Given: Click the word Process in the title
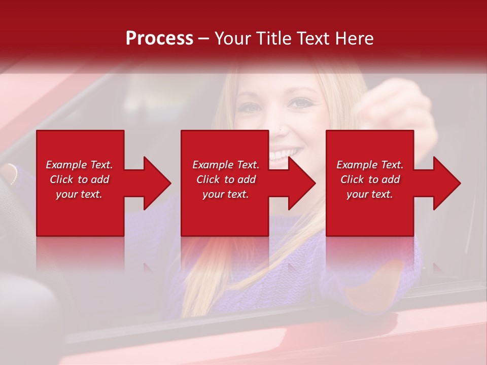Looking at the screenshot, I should tap(159, 39).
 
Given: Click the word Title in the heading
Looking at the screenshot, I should tap(272, 39).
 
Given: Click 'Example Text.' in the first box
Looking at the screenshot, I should tap(79, 165).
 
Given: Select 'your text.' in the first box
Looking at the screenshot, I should tap(79, 194).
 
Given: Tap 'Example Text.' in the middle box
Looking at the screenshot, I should tap(226, 165).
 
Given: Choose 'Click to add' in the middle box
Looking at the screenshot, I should tap(226, 179).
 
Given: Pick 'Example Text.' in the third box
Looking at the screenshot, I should tap(370, 165).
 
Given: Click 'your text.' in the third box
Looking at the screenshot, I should tap(370, 194).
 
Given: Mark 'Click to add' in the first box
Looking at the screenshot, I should tap(79, 179).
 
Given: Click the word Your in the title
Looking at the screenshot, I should tap(232, 39).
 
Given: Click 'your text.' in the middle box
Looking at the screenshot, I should tap(226, 194).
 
